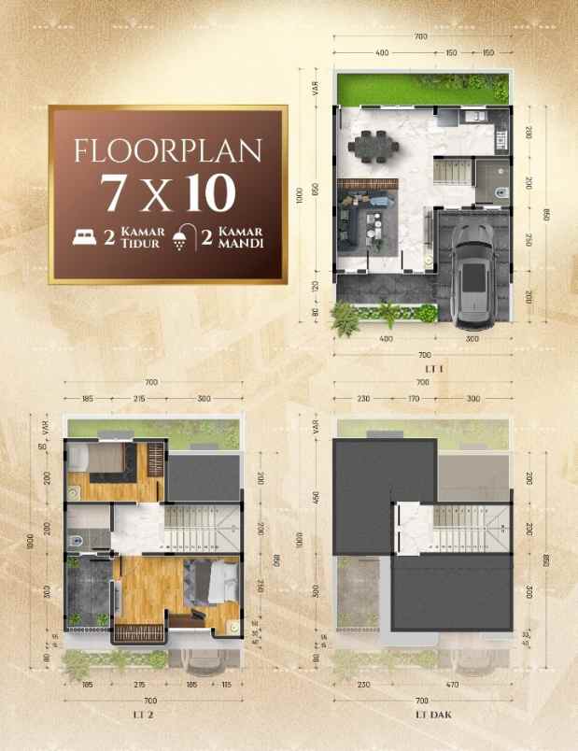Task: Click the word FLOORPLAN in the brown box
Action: tap(168, 150)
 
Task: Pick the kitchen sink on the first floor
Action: tap(472, 118)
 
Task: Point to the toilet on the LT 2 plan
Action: tap(74, 539)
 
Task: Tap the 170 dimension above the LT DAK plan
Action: tap(414, 399)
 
